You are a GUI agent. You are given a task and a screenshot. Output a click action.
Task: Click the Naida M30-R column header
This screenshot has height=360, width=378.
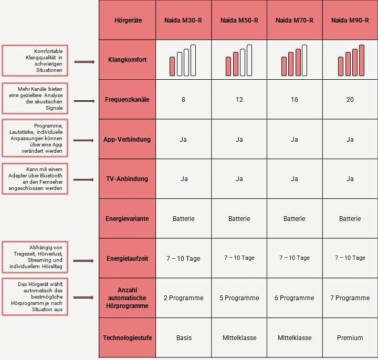(x=184, y=20)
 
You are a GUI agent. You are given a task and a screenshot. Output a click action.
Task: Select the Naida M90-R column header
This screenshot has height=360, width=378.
(x=350, y=20)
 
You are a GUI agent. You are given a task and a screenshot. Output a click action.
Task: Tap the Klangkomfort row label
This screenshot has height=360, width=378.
(x=128, y=60)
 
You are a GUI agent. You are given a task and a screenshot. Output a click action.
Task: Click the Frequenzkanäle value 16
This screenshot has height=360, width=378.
(x=295, y=100)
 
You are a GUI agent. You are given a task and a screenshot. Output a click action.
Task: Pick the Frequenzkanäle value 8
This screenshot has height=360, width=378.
(x=184, y=100)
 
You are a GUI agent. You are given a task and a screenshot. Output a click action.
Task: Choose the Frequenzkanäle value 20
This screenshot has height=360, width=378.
(x=350, y=100)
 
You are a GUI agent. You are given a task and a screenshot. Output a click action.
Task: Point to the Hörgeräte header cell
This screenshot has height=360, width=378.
(x=128, y=20)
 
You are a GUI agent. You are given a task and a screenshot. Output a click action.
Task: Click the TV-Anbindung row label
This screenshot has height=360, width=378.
(x=128, y=179)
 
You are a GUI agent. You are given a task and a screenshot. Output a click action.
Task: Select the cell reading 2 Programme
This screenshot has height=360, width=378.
(x=184, y=298)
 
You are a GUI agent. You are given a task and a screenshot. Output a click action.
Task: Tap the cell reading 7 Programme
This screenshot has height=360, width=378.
(x=350, y=298)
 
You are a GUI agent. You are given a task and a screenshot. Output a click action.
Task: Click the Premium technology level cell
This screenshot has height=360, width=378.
(x=350, y=338)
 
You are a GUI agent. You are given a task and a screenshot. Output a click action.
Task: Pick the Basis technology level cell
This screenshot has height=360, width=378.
(x=184, y=338)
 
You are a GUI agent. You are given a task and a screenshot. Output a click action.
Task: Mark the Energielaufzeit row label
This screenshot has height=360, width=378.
(x=128, y=258)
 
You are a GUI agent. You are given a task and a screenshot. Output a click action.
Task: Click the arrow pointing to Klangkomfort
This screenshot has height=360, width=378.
(x=85, y=62)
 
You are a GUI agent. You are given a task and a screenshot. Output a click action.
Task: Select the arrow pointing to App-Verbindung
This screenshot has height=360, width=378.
(x=85, y=141)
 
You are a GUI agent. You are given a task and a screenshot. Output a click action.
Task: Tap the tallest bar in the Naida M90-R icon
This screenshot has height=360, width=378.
(x=361, y=60)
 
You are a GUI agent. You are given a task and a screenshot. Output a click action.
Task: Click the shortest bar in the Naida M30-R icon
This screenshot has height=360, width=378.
(x=172, y=66)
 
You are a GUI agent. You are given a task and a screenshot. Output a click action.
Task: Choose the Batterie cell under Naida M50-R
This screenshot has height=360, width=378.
(x=239, y=219)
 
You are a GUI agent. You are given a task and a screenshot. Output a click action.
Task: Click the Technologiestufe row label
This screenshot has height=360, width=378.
(x=128, y=338)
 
